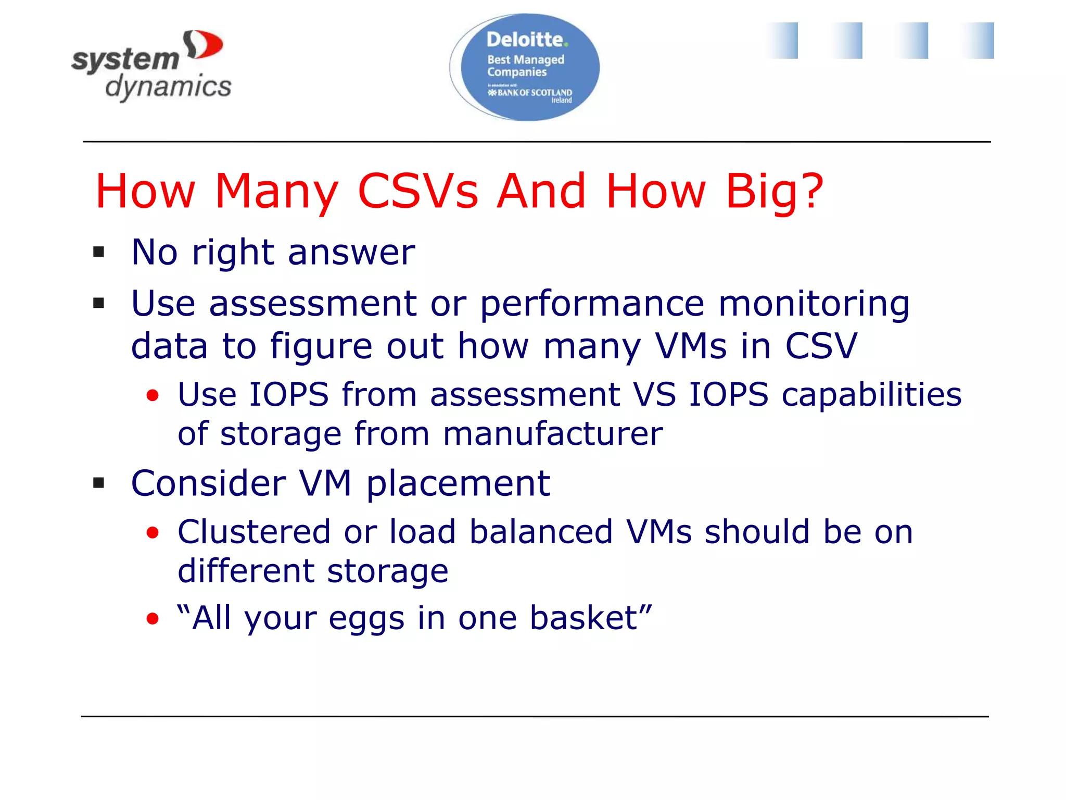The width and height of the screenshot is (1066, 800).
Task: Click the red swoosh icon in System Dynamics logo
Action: coord(205,45)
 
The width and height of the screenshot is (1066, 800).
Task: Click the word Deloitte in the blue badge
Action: coord(525,40)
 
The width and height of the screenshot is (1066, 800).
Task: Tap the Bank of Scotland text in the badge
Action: coord(530,93)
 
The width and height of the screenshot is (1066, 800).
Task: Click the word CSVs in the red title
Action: coord(418,191)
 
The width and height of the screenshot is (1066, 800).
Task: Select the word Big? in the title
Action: coord(774,191)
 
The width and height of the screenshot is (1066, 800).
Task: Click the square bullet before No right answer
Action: coord(98,253)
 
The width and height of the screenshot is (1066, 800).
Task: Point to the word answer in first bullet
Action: coord(351,253)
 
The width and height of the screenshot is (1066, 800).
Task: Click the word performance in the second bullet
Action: coord(592,303)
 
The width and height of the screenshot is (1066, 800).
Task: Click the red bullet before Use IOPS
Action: coord(153,395)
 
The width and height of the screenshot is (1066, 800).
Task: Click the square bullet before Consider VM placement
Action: coord(98,483)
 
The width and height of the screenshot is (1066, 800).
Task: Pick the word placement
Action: coord(458,483)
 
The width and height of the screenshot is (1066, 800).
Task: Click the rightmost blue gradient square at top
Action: coord(978,41)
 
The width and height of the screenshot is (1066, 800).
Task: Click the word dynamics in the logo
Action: coord(168,86)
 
